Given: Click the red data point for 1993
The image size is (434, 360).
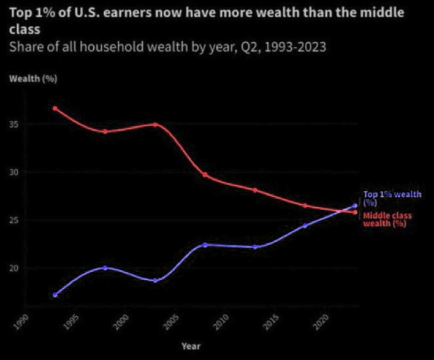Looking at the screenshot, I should (55, 109).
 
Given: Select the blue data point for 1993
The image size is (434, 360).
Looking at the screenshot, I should (55, 295).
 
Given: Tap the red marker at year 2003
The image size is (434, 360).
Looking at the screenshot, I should (155, 125).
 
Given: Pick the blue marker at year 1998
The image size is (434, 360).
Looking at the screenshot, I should (105, 268).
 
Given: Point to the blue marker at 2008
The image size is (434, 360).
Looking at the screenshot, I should (205, 245).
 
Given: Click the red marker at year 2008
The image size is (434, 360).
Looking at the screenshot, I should (205, 175).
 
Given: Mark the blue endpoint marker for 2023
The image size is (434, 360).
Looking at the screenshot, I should (355, 206).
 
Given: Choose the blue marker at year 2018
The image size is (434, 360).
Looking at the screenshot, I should (305, 226).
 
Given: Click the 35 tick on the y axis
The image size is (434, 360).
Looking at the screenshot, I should (16, 124).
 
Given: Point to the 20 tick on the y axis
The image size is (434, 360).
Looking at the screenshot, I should (16, 268).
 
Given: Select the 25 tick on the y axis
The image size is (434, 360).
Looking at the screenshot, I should (16, 220).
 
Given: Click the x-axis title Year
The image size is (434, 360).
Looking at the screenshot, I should (191, 346).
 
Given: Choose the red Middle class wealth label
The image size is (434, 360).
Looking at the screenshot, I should (387, 219).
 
